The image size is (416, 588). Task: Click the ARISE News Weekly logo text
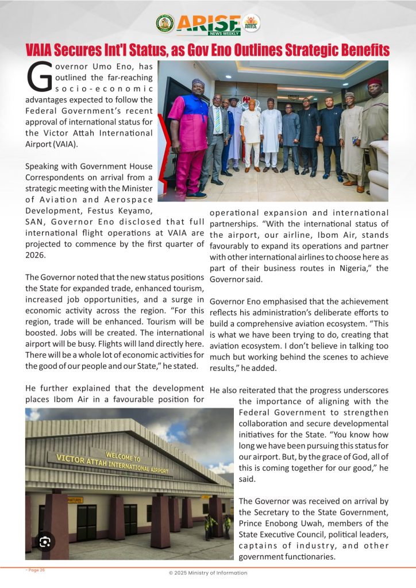pyautogui.click(x=209, y=24)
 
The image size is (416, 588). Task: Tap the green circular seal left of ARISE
pyautogui.click(x=165, y=24)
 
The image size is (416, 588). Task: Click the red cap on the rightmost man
pyautogui.click(x=375, y=82)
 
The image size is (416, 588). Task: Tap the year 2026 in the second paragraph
pyautogui.click(x=36, y=254)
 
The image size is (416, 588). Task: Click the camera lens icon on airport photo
pyautogui.click(x=45, y=541)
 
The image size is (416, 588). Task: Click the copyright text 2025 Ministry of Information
pyautogui.click(x=207, y=572)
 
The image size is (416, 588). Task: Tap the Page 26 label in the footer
pyautogui.click(x=35, y=570)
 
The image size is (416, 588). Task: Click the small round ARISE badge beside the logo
pyautogui.click(x=251, y=24)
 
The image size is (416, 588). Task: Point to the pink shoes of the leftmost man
pyautogui.click(x=197, y=194)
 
